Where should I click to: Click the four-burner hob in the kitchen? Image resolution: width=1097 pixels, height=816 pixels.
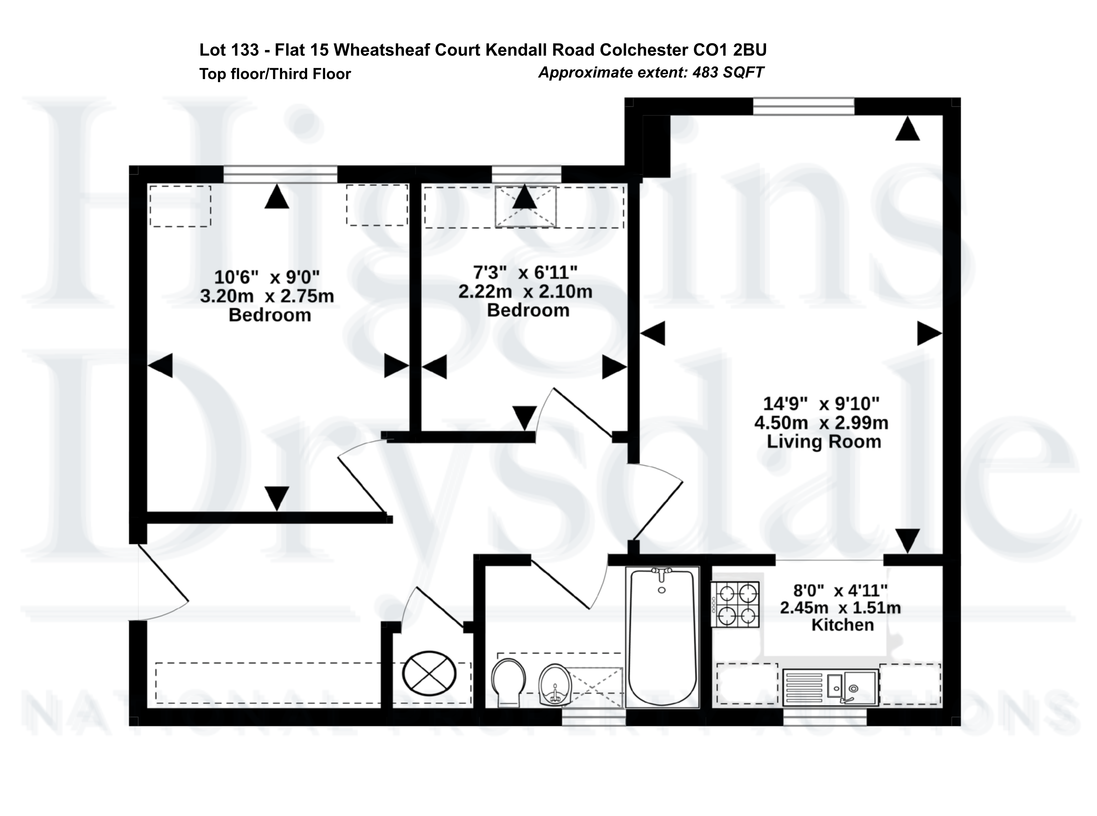coord(735,604)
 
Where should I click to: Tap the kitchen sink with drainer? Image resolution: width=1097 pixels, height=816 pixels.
coord(830,687)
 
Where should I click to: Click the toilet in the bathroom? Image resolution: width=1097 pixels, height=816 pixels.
coord(509,682)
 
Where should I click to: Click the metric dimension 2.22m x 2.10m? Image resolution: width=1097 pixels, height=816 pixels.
coord(525,291)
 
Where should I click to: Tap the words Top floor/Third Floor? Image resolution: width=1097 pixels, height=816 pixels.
coord(275,74)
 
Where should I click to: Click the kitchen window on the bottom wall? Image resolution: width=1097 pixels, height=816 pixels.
coord(825,717)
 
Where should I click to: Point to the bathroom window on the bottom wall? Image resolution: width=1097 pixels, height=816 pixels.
coord(594,717)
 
